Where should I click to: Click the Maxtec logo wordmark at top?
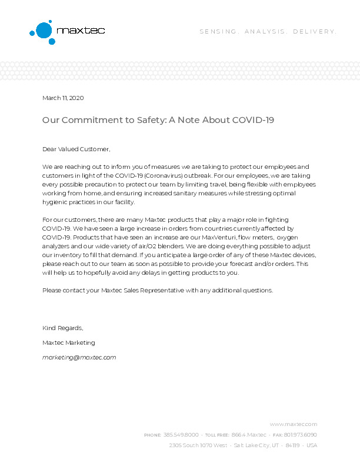[80, 30]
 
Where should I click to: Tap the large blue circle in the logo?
[44, 29]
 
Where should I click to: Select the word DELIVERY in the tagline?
[315, 31]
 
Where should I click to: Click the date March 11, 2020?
[63, 98]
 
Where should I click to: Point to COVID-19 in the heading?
[254, 120]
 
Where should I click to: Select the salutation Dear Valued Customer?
[76, 149]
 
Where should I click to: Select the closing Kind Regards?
[63, 328]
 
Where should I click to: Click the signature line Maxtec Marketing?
[68, 342]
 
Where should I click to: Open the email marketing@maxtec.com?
[79, 357]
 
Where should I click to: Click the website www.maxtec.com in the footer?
[294, 424]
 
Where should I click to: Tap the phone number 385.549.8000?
[181, 435]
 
